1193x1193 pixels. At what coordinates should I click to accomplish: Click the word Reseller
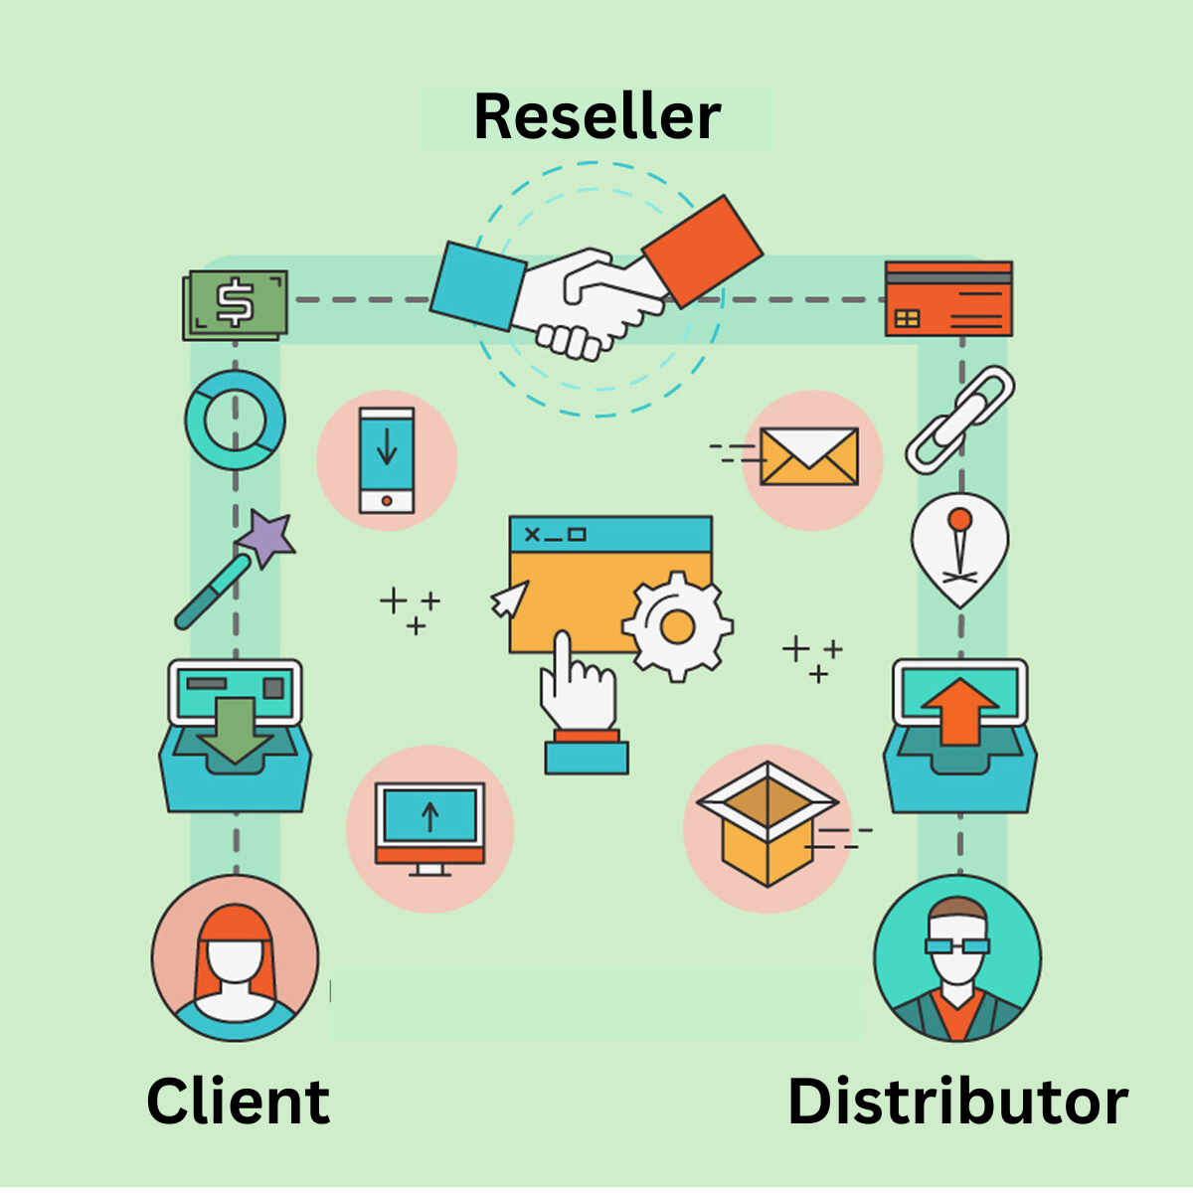[596, 117]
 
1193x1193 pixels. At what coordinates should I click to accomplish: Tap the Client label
[238, 1101]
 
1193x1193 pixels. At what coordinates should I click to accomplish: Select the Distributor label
[957, 1102]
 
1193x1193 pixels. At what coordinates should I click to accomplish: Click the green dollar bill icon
[236, 304]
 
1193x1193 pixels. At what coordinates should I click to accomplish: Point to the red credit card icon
[948, 298]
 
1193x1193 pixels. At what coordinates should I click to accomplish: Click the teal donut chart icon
[235, 421]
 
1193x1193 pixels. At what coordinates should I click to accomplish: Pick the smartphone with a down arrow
[387, 460]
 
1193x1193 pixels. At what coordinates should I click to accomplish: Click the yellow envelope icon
[808, 457]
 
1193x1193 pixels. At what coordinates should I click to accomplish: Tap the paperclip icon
[959, 419]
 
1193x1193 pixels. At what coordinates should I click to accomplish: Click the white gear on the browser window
[677, 626]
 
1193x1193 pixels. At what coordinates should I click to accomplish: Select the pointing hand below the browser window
[577, 686]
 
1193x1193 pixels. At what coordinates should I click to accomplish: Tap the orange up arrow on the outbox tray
[959, 711]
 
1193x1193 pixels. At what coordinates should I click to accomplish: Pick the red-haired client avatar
[236, 959]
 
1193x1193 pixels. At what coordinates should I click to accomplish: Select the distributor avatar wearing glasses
[957, 959]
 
